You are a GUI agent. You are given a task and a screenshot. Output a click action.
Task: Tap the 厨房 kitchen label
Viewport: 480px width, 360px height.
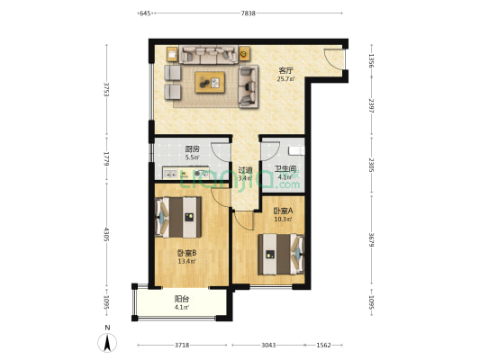[x=192, y=149]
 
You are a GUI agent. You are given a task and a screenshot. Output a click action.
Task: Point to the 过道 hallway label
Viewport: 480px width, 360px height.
[x=244, y=169]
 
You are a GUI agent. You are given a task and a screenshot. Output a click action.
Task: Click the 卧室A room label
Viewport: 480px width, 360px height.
[x=284, y=211]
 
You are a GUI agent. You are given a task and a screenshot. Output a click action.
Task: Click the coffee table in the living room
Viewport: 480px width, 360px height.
[x=212, y=81]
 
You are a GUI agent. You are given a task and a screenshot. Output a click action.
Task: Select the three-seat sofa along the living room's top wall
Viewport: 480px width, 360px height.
[x=208, y=54]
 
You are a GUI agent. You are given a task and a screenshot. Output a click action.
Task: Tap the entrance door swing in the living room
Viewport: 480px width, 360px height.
[x=334, y=59]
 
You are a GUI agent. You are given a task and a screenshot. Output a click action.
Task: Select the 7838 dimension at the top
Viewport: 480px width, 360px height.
[x=249, y=13]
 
